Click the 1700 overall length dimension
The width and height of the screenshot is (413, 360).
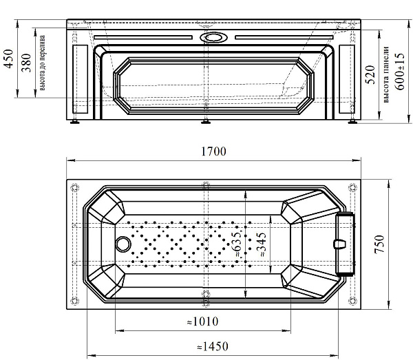(x=213, y=151)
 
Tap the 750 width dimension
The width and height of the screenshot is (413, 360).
(x=379, y=244)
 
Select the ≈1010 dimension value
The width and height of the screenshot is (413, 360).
(x=203, y=321)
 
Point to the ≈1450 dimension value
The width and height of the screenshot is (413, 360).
(x=213, y=346)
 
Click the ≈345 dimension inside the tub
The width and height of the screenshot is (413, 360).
(x=262, y=244)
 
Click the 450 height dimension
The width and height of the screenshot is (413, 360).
(x=9, y=59)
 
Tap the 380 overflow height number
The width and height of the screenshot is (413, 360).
(x=26, y=63)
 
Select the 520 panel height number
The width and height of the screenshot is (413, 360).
(x=370, y=74)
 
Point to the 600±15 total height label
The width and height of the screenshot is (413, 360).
(x=400, y=72)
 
